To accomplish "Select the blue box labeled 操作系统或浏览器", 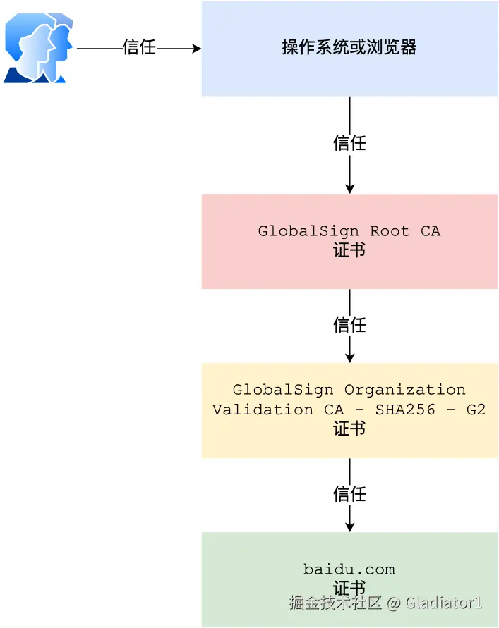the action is (x=349, y=48).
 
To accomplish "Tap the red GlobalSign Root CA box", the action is (x=349, y=241).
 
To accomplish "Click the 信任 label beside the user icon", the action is (x=138, y=48).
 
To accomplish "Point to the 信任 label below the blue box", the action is (x=349, y=143).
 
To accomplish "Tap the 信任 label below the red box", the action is (x=349, y=325).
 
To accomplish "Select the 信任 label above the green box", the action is (x=349, y=494).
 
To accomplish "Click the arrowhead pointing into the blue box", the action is (x=196, y=48).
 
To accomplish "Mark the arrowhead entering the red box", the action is (x=349, y=188).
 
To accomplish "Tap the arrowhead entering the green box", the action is (x=349, y=527).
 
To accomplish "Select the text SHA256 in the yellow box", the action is (x=400, y=410).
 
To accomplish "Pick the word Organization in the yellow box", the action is (x=404, y=390).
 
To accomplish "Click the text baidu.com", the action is (x=349, y=569).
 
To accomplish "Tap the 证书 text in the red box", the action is (x=349, y=250).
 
